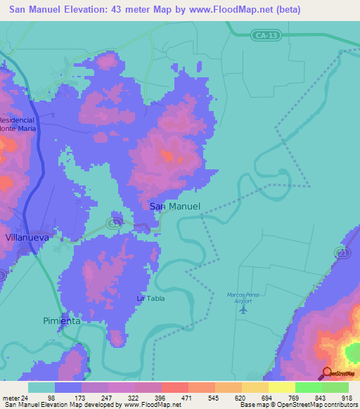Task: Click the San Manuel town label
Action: pyautogui.click(x=175, y=207)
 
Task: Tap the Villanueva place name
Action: pyautogui.click(x=27, y=238)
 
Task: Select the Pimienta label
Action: pyautogui.click(x=61, y=320)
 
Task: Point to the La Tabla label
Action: pyautogui.click(x=150, y=299)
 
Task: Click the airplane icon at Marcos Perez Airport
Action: pyautogui.click(x=244, y=309)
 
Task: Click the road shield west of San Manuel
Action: pyautogui.click(x=112, y=223)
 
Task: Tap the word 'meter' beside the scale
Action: pyautogui.click(x=11, y=397)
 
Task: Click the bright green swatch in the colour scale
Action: pyautogui.click(x=308, y=387)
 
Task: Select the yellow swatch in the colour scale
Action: pyautogui.click(x=281, y=387)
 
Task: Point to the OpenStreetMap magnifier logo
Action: pyautogui.click(x=326, y=372)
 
